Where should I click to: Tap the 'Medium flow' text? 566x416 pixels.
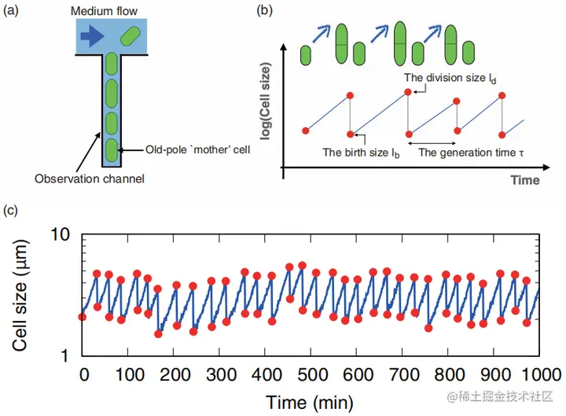pos(104,12)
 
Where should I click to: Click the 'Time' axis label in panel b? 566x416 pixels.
pos(524,180)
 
